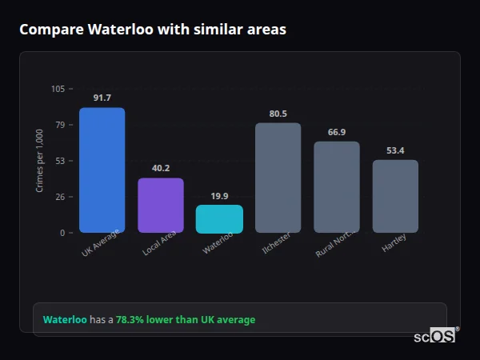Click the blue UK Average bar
click(102, 170)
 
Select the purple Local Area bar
click(161, 206)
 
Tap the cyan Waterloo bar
click(219, 219)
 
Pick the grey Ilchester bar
click(278, 178)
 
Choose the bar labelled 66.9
click(337, 187)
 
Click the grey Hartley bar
click(395, 196)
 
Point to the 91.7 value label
click(102, 98)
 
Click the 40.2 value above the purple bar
click(161, 168)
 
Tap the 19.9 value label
click(219, 196)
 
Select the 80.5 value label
click(278, 114)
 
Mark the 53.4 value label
click(395, 150)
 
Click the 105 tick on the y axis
click(58, 89)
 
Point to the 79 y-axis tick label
click(60, 125)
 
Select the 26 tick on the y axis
click(60, 197)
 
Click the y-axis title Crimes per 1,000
click(40, 161)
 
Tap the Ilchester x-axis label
click(277, 243)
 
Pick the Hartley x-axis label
click(394, 242)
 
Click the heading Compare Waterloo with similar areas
click(153, 30)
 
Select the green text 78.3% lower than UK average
click(186, 320)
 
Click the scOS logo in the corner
click(435, 336)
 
